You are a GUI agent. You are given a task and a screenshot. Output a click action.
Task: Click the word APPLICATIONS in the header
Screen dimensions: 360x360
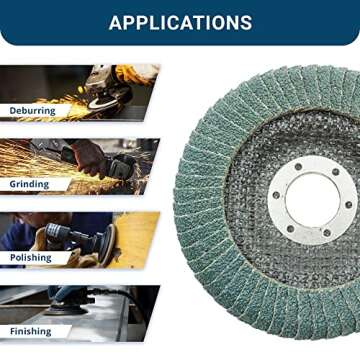coord(180,22)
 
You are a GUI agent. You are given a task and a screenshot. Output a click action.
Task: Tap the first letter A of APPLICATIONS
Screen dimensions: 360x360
coord(116,22)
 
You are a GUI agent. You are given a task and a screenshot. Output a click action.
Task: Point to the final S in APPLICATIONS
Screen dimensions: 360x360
coord(245,22)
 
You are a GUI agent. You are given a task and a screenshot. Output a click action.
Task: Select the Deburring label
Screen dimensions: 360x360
coord(33,110)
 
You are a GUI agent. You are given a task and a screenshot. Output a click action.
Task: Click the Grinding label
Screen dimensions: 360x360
coord(29,184)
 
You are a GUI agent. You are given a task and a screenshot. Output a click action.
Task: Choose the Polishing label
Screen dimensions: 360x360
coord(30,257)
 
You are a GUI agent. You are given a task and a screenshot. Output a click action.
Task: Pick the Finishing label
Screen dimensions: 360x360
coord(30,331)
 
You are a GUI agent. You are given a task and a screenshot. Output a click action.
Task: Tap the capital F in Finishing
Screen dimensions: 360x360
coord(12,331)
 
